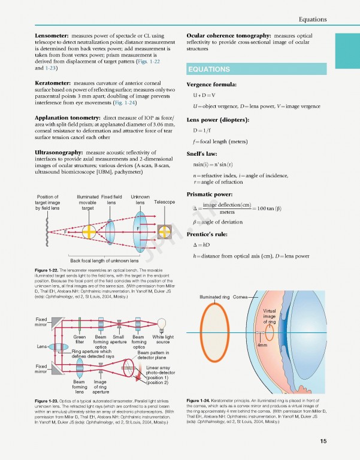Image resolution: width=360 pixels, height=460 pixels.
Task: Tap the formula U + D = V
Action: coord(204,95)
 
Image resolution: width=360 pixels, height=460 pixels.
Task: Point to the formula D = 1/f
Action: coord(201,130)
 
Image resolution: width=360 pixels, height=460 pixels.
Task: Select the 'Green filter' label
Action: coord(80,340)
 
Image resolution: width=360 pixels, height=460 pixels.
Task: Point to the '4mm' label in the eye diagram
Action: coord(262,346)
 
